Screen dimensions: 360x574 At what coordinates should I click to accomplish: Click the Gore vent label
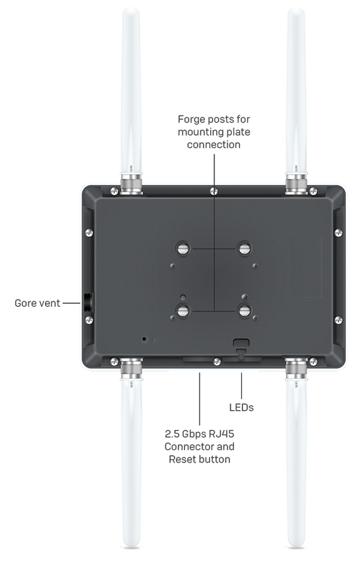tap(37, 303)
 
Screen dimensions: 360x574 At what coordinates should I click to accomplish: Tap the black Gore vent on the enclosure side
tap(88, 303)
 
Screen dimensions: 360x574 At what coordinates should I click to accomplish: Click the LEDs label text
tap(241, 408)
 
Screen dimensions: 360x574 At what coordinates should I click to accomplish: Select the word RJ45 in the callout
tap(221, 434)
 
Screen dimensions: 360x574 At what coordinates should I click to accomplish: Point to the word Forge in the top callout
tap(190, 119)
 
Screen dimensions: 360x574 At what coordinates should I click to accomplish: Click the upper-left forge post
tap(183, 248)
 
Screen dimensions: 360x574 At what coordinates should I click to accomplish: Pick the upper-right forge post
tap(245, 248)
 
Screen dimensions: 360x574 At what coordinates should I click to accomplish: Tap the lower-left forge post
tap(183, 311)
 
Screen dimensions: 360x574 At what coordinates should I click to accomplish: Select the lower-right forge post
tap(245, 311)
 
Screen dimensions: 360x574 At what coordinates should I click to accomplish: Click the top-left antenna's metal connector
tap(131, 184)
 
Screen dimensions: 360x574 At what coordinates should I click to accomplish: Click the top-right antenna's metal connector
tap(296, 184)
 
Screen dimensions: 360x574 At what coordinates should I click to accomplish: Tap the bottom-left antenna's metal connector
tap(131, 369)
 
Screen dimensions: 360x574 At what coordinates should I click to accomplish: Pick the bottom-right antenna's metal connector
tap(296, 369)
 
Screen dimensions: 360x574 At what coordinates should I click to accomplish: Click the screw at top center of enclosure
tap(214, 191)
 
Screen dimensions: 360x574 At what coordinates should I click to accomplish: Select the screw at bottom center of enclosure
tap(217, 362)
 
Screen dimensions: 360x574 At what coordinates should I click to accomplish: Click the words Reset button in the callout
tap(200, 459)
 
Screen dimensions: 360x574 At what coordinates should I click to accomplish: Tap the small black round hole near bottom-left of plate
tap(145, 339)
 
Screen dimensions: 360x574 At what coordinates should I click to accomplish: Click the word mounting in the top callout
tap(198, 132)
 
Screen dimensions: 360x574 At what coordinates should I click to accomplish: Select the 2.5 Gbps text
tap(185, 434)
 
